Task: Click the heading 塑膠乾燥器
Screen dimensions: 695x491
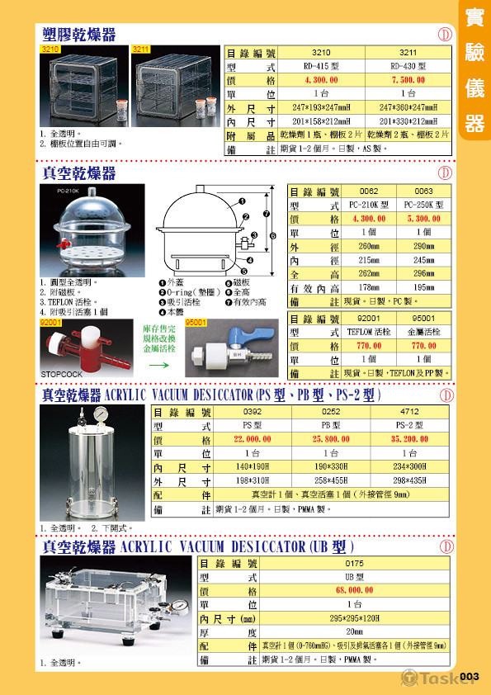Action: pos(79,34)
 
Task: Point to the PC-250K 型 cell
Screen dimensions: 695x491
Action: pos(428,205)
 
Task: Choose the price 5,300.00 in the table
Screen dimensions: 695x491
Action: pos(428,219)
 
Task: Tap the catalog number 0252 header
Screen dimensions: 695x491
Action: pos(331,411)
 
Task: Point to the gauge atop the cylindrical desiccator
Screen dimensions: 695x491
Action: pos(99,414)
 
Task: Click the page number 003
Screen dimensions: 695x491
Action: pos(469,677)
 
